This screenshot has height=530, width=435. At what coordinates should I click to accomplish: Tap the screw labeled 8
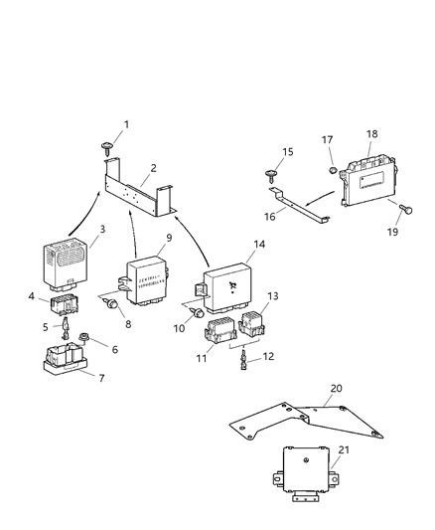pyautogui.click(x=113, y=304)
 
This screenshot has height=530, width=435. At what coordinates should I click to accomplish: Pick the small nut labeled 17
pyautogui.click(x=330, y=171)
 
